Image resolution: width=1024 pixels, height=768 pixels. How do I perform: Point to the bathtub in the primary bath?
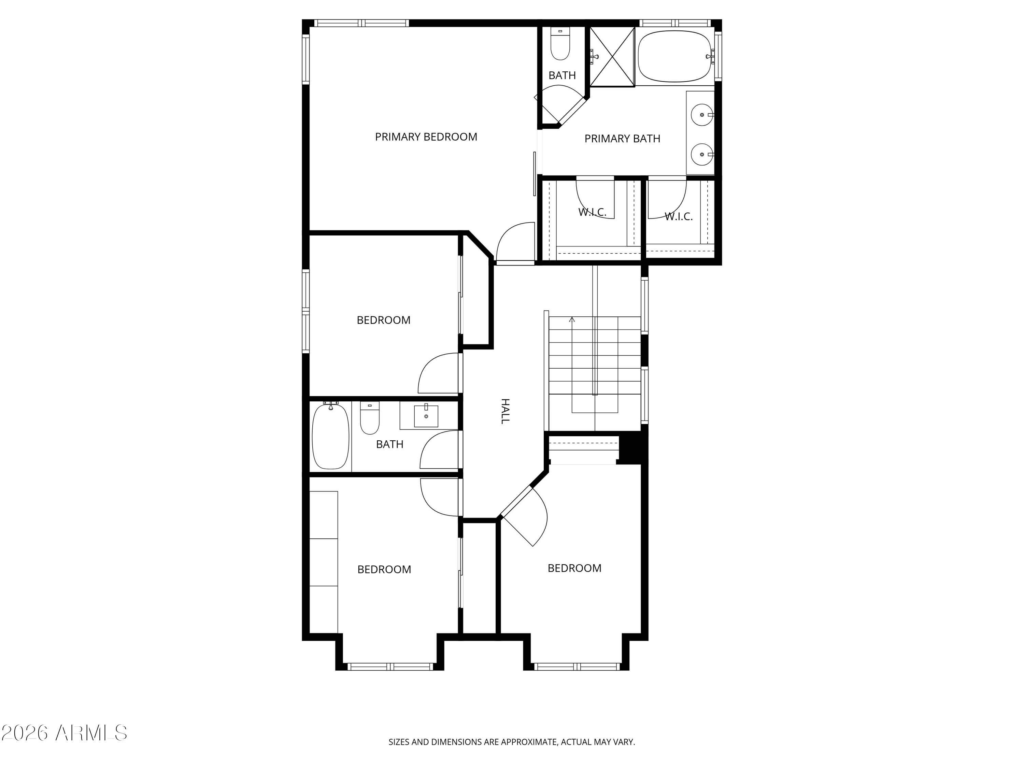point(674,56)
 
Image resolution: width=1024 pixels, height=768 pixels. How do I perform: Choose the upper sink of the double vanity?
point(702,114)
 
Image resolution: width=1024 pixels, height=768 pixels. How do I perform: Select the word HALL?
point(505,411)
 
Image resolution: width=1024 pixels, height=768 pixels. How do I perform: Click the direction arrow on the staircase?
point(572,319)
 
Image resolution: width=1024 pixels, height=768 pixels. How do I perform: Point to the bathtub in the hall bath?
point(330,437)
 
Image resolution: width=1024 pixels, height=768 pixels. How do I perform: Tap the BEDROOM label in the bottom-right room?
point(574,568)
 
